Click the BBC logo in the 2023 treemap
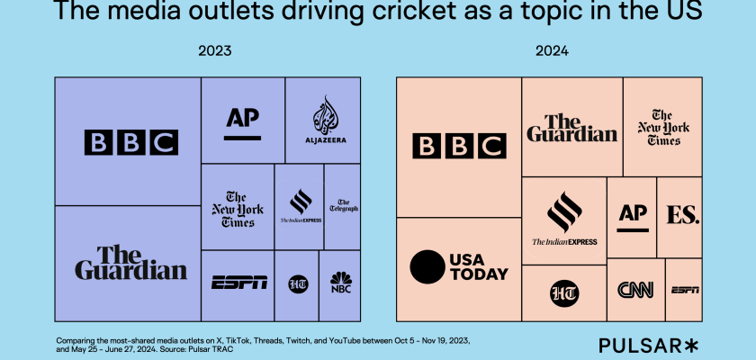(130, 142)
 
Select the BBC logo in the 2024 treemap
(459, 147)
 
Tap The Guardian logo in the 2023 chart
(130, 263)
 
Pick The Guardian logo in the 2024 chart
(572, 129)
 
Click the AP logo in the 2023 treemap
(242, 121)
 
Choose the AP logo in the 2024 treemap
(631, 216)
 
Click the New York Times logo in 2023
(238, 209)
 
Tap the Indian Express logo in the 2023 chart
(299, 207)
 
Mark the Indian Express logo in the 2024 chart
(564, 220)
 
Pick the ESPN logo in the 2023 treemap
(238, 283)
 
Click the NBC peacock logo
(340, 283)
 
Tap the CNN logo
(635, 290)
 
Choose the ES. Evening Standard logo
(683, 216)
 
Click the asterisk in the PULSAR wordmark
(691, 345)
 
